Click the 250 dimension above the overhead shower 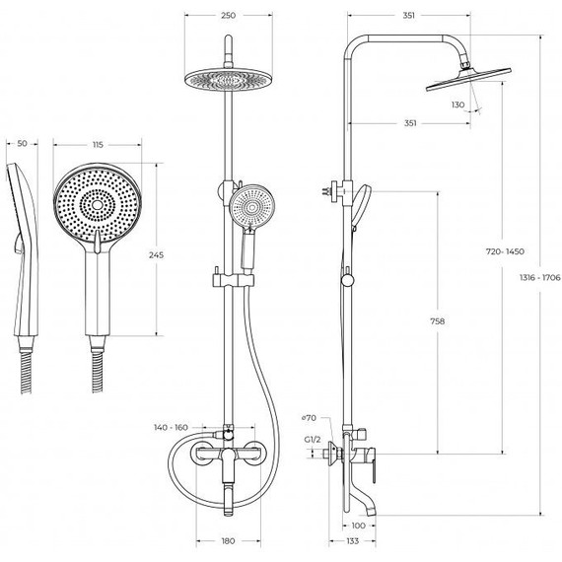coord(229,16)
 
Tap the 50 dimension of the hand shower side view coord(23,144)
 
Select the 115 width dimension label coord(98,145)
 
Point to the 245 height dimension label coord(156,255)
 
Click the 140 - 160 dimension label coord(171,427)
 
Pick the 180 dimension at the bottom coord(229,541)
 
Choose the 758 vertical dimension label coord(437,321)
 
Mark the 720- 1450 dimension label coord(505,251)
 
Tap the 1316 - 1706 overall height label coord(539,277)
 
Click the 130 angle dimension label coord(457,105)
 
